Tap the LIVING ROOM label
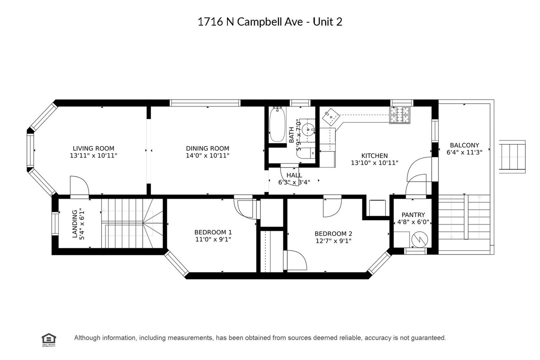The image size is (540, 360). coord(93,148)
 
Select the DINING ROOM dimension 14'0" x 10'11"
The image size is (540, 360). coord(208,156)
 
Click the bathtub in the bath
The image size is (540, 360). coord(277,124)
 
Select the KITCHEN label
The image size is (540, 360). coord(374,155)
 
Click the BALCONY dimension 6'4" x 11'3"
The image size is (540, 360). coord(464,152)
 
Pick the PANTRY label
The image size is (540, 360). coord(413,215)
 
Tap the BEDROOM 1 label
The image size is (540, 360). coord(213,232)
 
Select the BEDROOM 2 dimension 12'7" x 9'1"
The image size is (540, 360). coord(333,241)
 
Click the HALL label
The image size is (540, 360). coord(294,175)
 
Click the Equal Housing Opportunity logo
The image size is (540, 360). coord(49,338)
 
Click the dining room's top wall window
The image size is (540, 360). coord(205,103)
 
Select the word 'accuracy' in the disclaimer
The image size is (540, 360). coord(378,338)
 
